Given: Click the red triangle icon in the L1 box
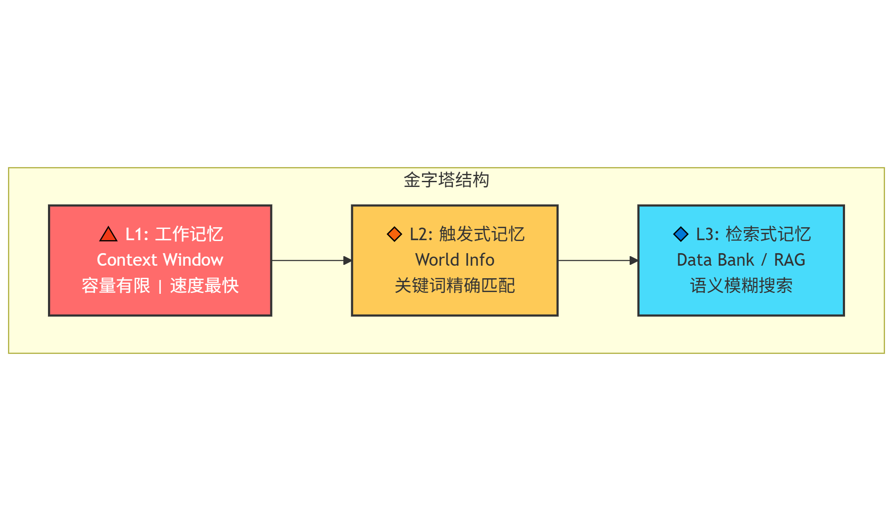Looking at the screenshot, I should point(108,235).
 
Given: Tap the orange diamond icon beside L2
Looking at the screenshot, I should point(394,234).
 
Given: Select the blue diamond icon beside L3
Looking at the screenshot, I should point(681,234).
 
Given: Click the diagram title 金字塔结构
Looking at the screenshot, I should point(446,180).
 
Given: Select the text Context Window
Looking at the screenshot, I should point(160,260).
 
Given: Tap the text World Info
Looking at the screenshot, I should point(455,260).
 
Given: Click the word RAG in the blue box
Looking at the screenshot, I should point(790,260).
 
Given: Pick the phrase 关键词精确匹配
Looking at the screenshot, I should point(455,286).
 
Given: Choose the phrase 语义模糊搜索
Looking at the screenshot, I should point(741,286).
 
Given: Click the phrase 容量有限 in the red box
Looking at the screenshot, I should point(116,286).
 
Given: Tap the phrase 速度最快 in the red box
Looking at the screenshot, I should point(205,286).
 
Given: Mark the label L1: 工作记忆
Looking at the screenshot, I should point(174,234).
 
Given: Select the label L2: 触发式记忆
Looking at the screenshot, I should point(467,234).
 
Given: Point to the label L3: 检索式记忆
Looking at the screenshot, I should point(753,234).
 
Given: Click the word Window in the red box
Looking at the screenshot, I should point(194,260).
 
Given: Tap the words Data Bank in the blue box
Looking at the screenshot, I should point(715,260).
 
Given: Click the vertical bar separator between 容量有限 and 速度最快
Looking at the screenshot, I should point(160,286).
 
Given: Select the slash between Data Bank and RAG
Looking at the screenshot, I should point(764,260).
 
